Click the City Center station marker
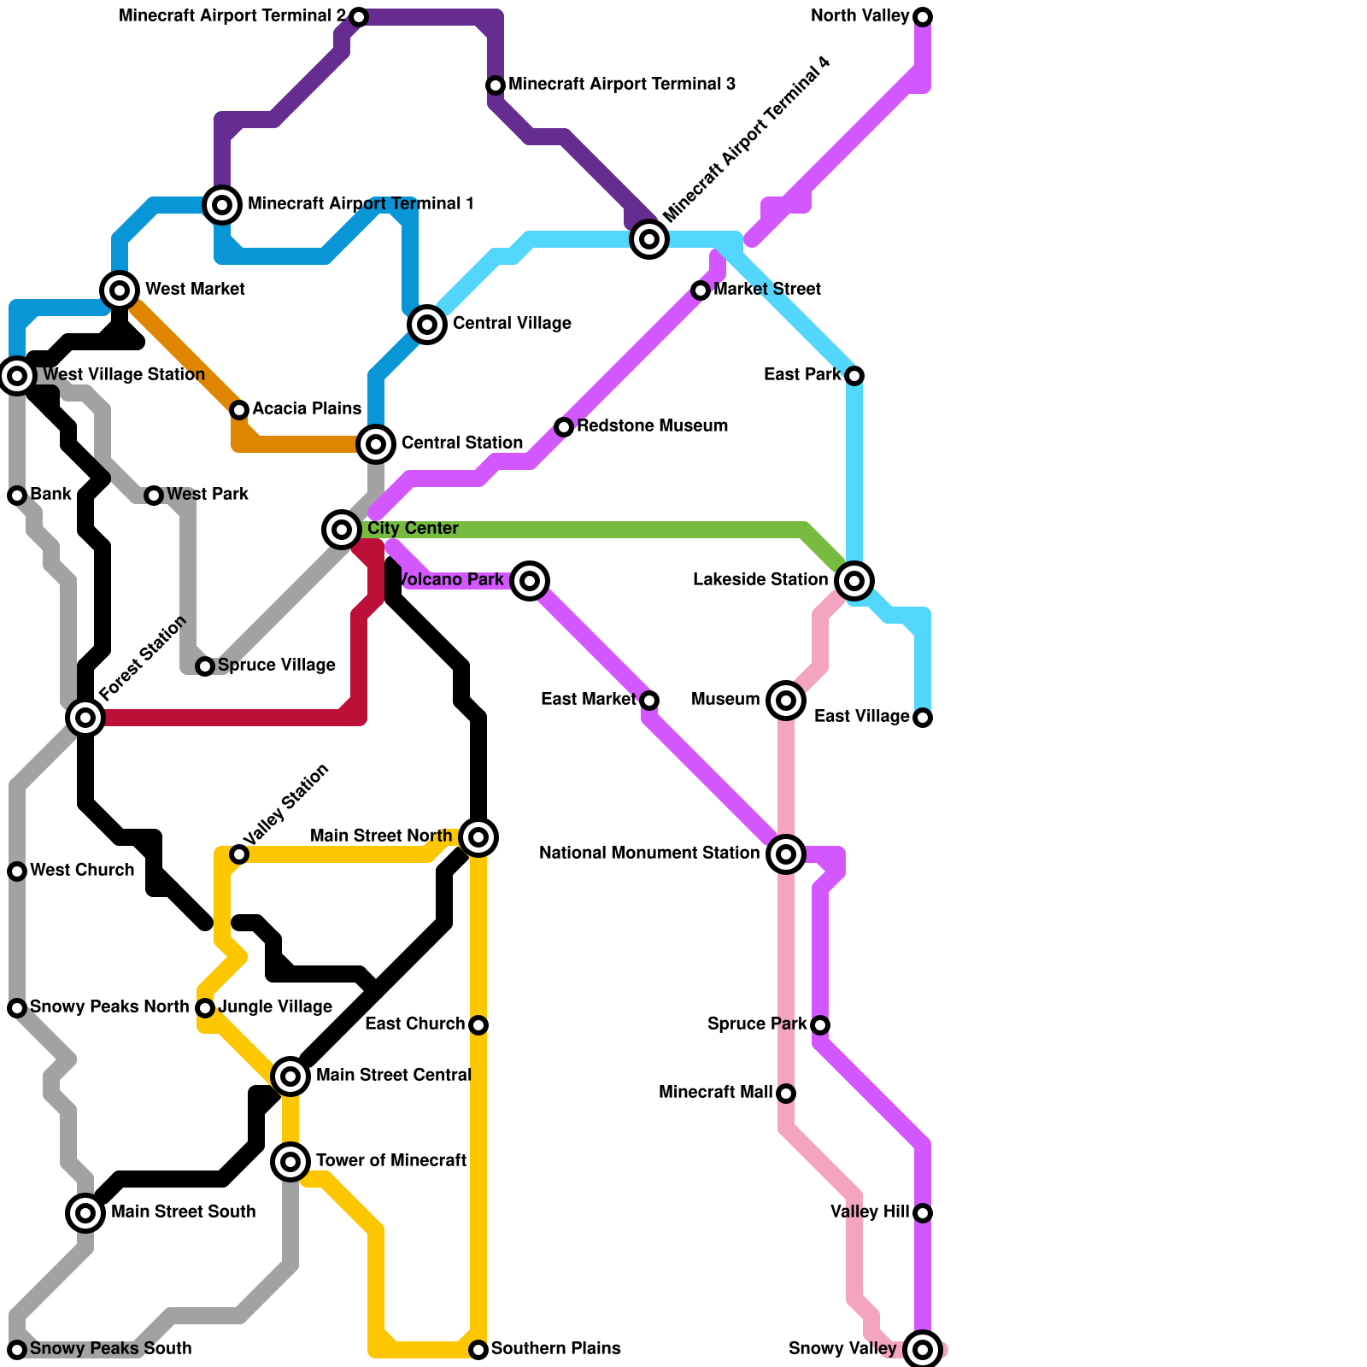[x=342, y=530]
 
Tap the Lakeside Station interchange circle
[x=854, y=581]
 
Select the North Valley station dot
[x=923, y=17]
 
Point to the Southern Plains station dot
[x=478, y=1350]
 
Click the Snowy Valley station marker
[x=923, y=1350]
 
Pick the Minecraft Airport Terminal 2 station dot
[x=359, y=17]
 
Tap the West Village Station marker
[x=17, y=375]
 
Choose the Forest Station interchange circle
[x=85, y=718]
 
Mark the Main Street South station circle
[x=85, y=1213]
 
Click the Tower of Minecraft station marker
[x=290, y=1162]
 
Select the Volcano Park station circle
[x=530, y=581]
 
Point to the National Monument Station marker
[x=786, y=854]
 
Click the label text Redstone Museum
[x=652, y=426]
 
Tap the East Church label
[x=414, y=1024]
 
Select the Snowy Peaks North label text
[x=109, y=1007]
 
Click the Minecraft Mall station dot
[x=786, y=1094]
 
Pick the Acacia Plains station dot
[x=239, y=410]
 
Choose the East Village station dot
[x=923, y=718]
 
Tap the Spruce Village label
[x=276, y=666]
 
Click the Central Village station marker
[x=427, y=325]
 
